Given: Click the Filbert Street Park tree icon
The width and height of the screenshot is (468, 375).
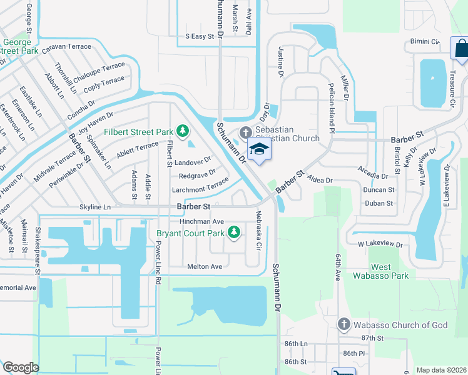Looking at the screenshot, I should pyautogui.click(x=182, y=131).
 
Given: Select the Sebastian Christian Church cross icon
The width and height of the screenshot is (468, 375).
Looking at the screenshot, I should pyautogui.click(x=244, y=132).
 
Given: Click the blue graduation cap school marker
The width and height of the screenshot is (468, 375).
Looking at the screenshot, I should pyautogui.click(x=257, y=150).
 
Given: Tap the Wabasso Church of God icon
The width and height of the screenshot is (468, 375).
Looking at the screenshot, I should pyautogui.click(x=343, y=324).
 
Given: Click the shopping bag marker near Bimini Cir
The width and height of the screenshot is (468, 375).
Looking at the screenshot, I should pyautogui.click(x=460, y=49).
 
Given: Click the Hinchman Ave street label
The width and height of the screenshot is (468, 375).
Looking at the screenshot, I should pyautogui.click(x=201, y=221).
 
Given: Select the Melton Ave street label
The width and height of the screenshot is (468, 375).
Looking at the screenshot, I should pyautogui.click(x=205, y=266).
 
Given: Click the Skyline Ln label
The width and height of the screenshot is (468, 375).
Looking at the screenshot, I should pyautogui.click(x=95, y=206).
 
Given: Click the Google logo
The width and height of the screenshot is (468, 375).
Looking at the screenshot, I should pyautogui.click(x=21, y=367).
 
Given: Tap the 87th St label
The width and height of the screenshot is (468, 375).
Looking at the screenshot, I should pyautogui.click(x=371, y=338).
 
